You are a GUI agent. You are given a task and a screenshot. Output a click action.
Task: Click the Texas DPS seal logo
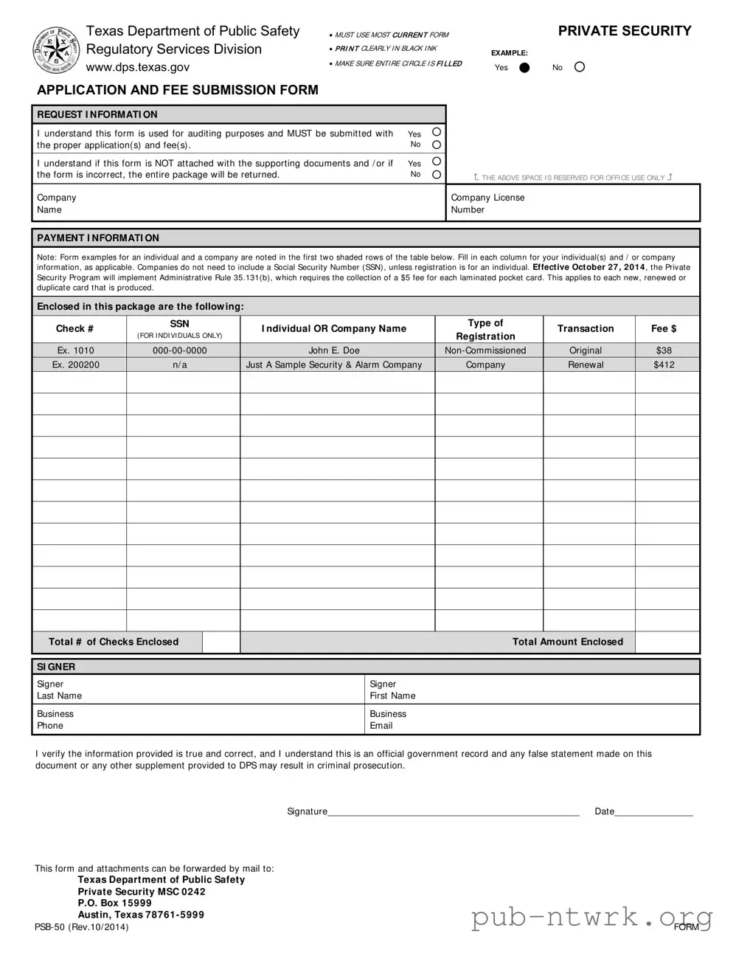[56, 50]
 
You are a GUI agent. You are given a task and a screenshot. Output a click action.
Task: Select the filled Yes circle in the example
[524, 67]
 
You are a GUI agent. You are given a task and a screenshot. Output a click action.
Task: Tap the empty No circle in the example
[580, 67]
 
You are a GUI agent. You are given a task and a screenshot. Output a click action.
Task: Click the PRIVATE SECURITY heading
[624, 31]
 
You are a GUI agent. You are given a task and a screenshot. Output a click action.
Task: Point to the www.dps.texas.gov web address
[138, 67]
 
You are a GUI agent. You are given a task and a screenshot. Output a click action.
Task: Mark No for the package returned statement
[437, 175]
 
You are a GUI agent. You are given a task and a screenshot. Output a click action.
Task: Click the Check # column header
[74, 329]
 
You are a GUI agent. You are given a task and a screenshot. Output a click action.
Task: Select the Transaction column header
[586, 329]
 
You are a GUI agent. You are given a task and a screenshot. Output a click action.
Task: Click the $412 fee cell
[664, 364]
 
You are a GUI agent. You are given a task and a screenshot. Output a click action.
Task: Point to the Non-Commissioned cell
[485, 350]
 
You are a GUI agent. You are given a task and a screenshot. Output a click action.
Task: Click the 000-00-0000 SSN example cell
[180, 350]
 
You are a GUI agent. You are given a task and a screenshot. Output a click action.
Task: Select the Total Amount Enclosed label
[568, 642]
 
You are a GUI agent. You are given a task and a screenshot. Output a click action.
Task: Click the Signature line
[453, 811]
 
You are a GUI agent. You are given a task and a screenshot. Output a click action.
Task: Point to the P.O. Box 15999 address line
[115, 903]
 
